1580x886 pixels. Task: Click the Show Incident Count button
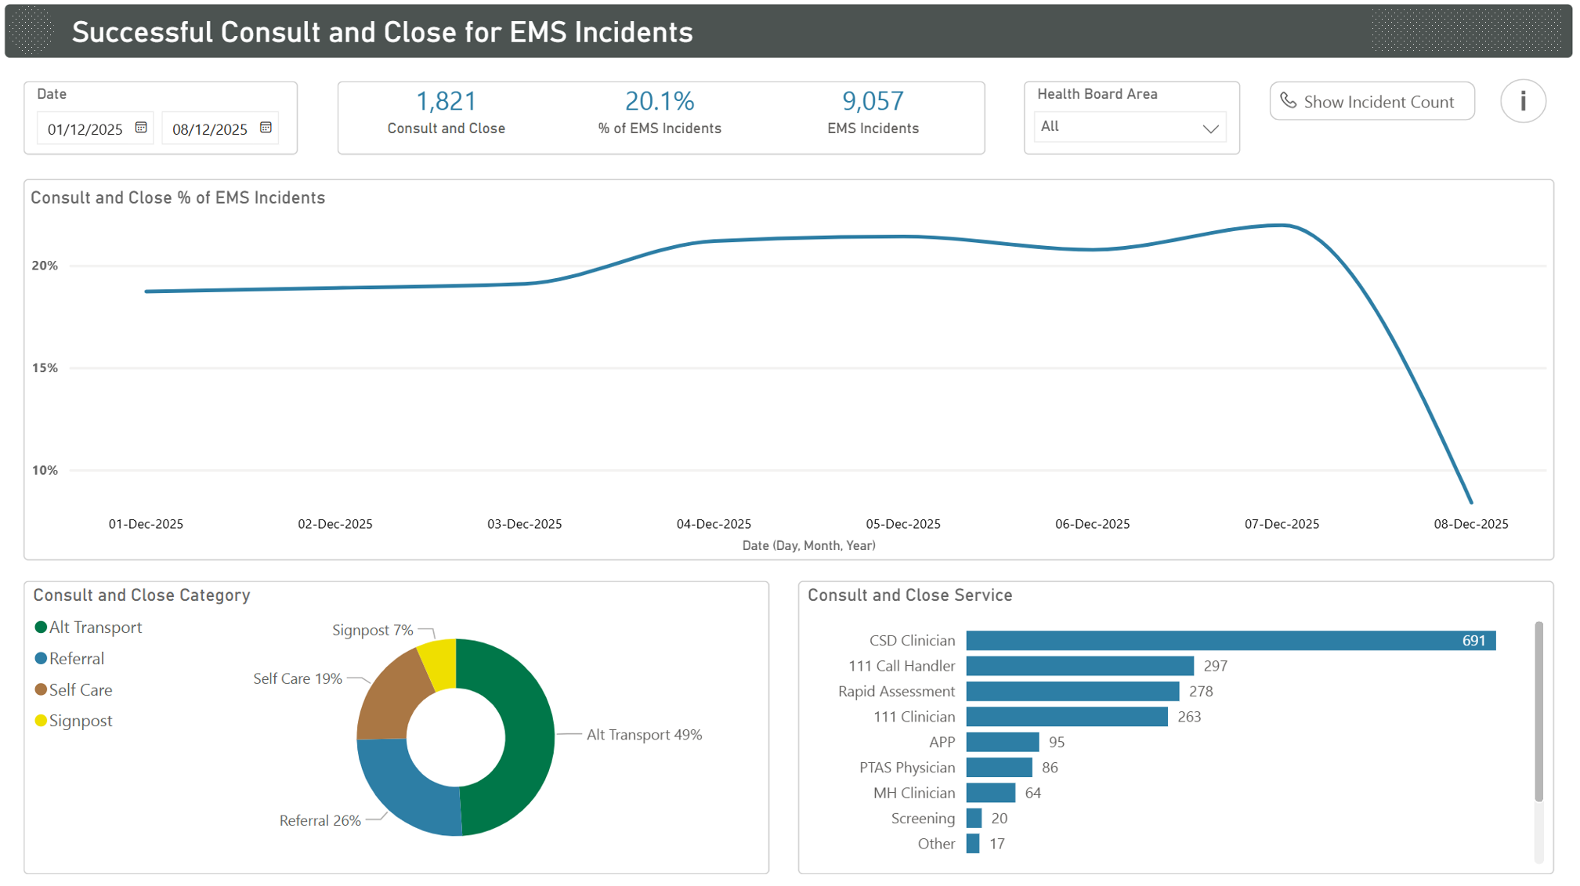(1371, 102)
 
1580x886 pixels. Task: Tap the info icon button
(1522, 101)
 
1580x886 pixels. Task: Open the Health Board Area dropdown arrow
(1209, 128)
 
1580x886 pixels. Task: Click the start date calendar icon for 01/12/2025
(141, 128)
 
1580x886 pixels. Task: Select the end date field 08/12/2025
(210, 129)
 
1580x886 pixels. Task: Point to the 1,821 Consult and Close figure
(446, 101)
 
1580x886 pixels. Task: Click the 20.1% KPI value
(659, 101)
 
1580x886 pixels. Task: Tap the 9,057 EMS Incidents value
(873, 101)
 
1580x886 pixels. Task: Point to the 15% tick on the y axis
(45, 368)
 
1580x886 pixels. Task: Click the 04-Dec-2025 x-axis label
(713, 524)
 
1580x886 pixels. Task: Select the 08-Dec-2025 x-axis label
(1470, 524)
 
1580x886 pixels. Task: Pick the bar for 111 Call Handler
(1079, 666)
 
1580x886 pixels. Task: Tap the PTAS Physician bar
(999, 768)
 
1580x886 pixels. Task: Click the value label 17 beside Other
(996, 844)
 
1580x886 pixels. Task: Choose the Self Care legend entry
(80, 690)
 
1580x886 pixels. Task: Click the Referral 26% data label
(320, 820)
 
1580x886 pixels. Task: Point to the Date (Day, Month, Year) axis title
(808, 546)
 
